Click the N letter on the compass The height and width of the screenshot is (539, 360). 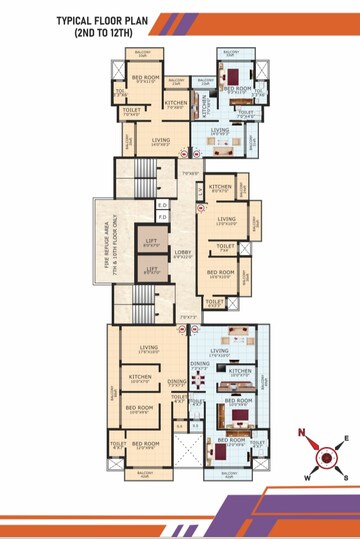(x=299, y=432)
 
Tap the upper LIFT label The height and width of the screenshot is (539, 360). (x=151, y=240)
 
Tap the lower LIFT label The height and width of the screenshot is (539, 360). (x=151, y=269)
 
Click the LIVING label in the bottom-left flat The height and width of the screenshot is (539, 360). (x=150, y=348)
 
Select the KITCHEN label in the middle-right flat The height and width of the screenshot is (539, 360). (x=222, y=186)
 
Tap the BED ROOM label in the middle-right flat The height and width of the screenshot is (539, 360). (x=221, y=271)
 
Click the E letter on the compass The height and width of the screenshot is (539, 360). (x=346, y=438)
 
